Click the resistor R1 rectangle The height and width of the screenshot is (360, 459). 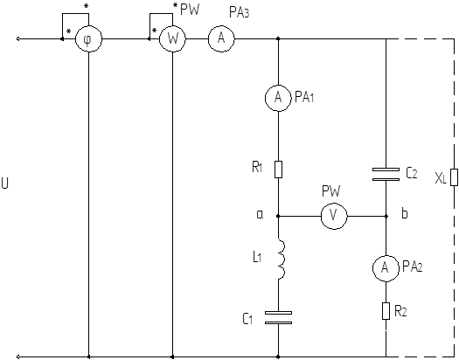click(x=278, y=170)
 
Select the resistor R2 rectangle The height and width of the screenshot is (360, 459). click(x=386, y=311)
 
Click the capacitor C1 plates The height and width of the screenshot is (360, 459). click(x=278, y=317)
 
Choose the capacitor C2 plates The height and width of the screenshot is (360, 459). click(x=386, y=174)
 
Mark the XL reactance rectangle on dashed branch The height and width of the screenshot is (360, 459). click(x=454, y=177)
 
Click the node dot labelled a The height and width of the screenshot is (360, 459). click(x=278, y=216)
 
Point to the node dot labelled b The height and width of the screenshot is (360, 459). click(x=386, y=216)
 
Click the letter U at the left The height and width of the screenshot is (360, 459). click(x=4, y=183)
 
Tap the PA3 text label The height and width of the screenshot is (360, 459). click(x=240, y=12)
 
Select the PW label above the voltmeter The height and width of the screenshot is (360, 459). click(x=331, y=191)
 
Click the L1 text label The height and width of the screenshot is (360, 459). click(x=257, y=258)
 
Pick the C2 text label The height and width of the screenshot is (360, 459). click(x=411, y=174)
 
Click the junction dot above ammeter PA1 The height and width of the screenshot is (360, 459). click(x=278, y=38)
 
